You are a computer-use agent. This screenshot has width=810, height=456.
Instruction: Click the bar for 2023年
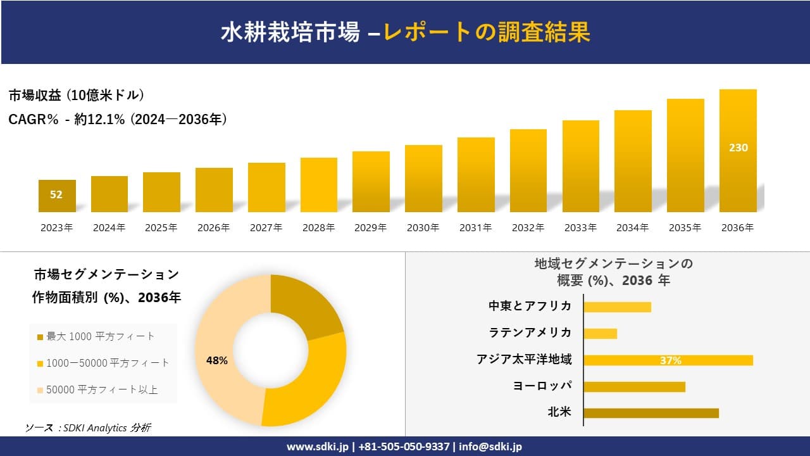click(57, 196)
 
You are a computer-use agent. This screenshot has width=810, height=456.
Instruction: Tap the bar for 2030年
click(423, 179)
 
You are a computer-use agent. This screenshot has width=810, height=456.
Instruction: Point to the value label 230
click(738, 148)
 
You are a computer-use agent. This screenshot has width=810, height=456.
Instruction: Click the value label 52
click(56, 194)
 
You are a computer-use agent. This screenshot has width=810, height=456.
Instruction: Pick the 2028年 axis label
click(318, 228)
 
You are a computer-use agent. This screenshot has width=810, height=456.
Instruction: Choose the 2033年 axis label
click(580, 228)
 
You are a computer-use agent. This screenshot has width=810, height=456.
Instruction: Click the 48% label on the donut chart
click(217, 360)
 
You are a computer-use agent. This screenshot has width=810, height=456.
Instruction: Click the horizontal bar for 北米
click(651, 413)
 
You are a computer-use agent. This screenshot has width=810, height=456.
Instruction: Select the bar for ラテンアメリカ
click(600, 333)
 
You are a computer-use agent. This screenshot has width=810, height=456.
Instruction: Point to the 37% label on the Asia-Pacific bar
click(670, 360)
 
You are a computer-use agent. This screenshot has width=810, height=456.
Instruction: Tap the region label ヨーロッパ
click(542, 386)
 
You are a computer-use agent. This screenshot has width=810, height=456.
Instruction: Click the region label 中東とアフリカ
click(530, 306)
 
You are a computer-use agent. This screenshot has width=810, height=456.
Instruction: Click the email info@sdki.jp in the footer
click(490, 446)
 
